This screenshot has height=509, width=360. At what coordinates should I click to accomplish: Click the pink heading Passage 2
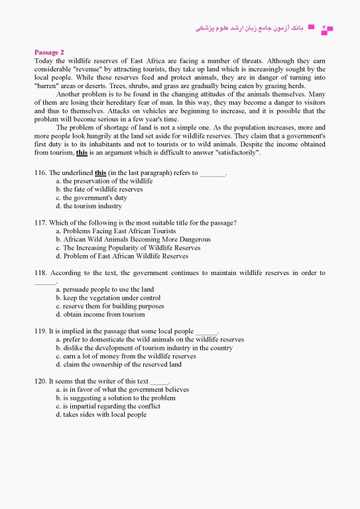point(49,52)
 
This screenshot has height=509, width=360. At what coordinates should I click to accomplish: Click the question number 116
point(40,173)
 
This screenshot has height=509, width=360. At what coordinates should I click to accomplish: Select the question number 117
point(40,223)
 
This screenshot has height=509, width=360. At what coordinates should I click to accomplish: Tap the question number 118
point(40,273)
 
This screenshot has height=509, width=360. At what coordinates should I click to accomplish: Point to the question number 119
point(40,331)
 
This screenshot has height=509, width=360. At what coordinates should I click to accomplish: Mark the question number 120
point(40,381)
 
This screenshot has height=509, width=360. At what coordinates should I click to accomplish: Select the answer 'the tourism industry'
point(89,206)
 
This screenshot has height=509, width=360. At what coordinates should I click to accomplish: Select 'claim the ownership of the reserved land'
point(119,365)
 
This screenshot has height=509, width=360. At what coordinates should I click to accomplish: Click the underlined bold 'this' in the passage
point(82,152)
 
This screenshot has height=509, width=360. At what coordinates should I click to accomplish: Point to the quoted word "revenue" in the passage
point(98,69)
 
